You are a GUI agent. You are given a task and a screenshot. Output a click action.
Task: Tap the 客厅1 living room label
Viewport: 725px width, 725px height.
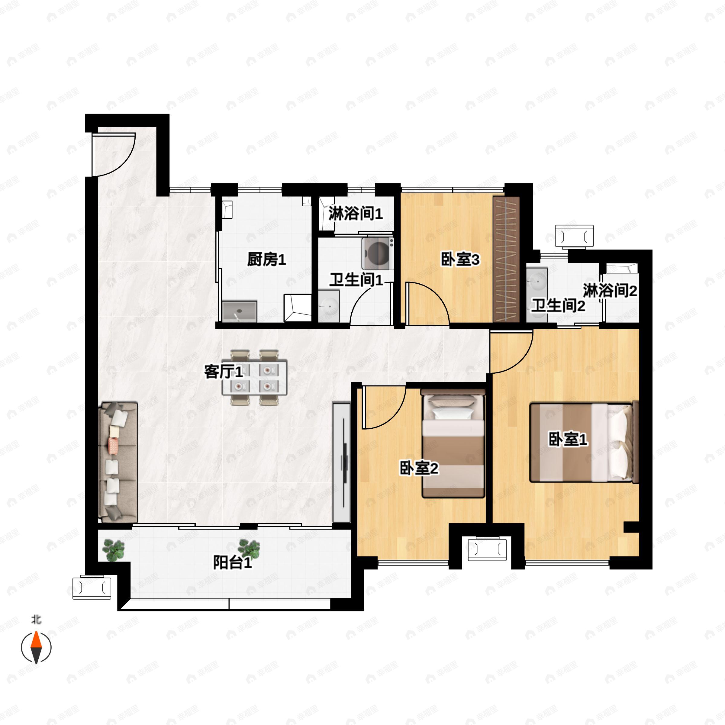224,372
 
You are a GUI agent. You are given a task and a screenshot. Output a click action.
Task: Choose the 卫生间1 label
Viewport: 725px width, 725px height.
356,280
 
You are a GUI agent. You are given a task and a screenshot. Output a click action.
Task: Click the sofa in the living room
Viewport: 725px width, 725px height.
118,462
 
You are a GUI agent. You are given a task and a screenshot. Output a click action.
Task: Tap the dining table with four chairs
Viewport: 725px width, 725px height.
255,378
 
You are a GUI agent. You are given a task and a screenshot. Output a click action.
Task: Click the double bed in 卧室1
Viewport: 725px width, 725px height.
584,442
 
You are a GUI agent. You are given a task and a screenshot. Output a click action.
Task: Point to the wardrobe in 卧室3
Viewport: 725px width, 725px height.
506,259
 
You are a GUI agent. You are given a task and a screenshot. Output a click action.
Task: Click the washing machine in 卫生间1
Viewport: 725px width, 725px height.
378,253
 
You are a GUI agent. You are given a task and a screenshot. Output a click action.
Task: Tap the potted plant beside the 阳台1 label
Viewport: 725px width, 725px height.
249,549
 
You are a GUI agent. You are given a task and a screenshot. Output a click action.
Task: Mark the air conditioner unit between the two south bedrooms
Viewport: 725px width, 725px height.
487,549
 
